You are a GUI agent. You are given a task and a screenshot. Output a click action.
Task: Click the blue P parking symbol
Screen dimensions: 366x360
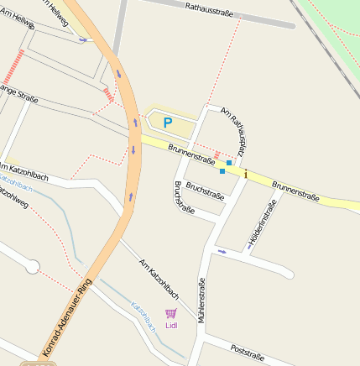pos(167,123)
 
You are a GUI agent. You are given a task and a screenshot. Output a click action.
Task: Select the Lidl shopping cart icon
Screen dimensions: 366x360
pos(171,313)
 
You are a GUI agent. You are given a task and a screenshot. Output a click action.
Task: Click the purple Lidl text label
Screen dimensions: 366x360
pos(171,325)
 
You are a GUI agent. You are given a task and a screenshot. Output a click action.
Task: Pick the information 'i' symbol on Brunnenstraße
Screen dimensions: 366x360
pos(245,174)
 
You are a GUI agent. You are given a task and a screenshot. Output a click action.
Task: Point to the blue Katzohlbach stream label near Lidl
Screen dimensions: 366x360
pos(143,316)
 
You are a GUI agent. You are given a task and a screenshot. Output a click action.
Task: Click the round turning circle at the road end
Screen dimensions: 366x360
pos(33,267)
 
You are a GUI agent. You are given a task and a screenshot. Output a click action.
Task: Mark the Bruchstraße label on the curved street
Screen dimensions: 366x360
pos(183,198)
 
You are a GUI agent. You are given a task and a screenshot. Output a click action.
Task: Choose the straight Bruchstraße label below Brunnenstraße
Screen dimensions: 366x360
pos(206,191)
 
